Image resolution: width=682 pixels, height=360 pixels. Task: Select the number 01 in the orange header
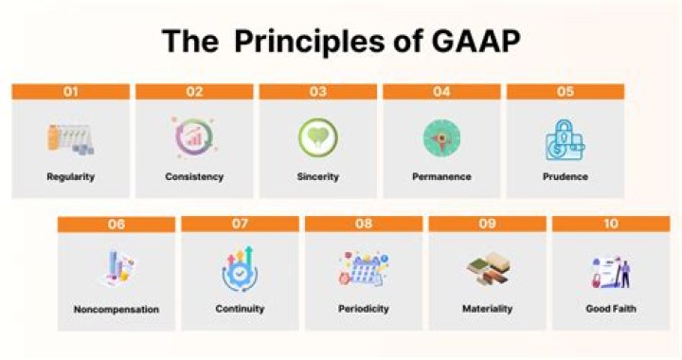tap(70, 92)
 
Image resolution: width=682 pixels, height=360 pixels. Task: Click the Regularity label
tap(70, 176)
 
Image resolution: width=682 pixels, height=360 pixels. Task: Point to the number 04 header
tap(441, 92)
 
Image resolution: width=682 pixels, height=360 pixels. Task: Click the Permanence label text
tap(441, 176)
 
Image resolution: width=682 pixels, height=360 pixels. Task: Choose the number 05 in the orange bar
tap(565, 92)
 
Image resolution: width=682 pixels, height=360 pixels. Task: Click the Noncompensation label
tap(116, 309)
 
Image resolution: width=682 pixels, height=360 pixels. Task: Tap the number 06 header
tap(116, 225)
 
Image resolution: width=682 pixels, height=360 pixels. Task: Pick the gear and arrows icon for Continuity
tap(240, 270)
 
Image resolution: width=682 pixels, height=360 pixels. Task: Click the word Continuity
tap(240, 309)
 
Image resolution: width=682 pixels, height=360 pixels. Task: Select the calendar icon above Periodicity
tap(363, 271)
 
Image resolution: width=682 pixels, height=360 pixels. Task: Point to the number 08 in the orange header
tap(363, 225)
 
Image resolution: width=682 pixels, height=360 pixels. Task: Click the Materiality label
tap(487, 309)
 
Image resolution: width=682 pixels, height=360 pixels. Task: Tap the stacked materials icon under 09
tap(487, 271)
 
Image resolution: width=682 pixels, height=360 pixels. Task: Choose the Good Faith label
tap(610, 309)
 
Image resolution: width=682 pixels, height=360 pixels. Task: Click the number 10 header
tap(610, 225)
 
